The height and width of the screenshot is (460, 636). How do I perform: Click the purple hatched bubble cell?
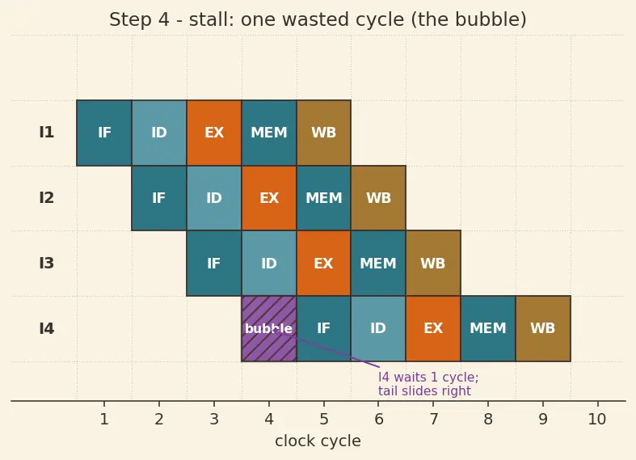269,328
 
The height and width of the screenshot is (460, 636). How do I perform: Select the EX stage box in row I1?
214,133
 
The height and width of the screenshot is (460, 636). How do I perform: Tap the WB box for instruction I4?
543,328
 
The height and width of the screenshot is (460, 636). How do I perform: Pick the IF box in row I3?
214,264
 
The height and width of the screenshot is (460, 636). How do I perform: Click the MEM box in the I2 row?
324,198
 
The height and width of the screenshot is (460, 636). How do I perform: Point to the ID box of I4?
378,328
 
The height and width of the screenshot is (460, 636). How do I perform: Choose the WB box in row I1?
324,133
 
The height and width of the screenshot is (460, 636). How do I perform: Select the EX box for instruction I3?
324,264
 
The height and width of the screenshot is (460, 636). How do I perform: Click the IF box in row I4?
324,328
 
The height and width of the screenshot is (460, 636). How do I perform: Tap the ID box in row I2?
214,198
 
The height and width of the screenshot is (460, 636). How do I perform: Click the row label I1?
47,133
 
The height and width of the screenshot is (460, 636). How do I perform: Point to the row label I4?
47,328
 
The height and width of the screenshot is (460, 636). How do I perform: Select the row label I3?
47,264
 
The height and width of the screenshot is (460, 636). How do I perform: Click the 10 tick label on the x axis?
597,419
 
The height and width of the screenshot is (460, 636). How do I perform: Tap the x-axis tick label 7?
433,419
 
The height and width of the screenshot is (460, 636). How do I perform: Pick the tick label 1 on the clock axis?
104,419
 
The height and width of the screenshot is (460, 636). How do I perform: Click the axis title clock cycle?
318,441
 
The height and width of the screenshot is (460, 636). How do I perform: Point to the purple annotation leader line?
328,349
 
